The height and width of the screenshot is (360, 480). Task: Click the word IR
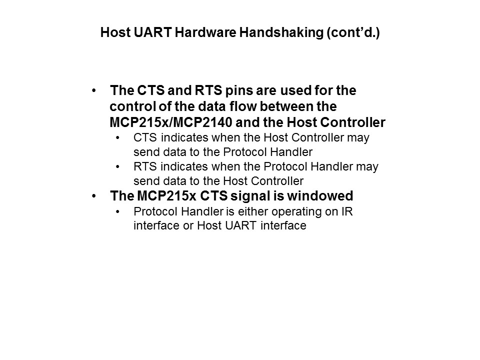click(346, 211)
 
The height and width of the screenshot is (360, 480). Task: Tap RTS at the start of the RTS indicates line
click(144, 166)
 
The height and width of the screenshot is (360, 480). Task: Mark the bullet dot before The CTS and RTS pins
click(94, 91)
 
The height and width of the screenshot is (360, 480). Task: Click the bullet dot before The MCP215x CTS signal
click(94, 195)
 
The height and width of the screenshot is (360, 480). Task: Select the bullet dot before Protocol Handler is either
click(118, 211)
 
